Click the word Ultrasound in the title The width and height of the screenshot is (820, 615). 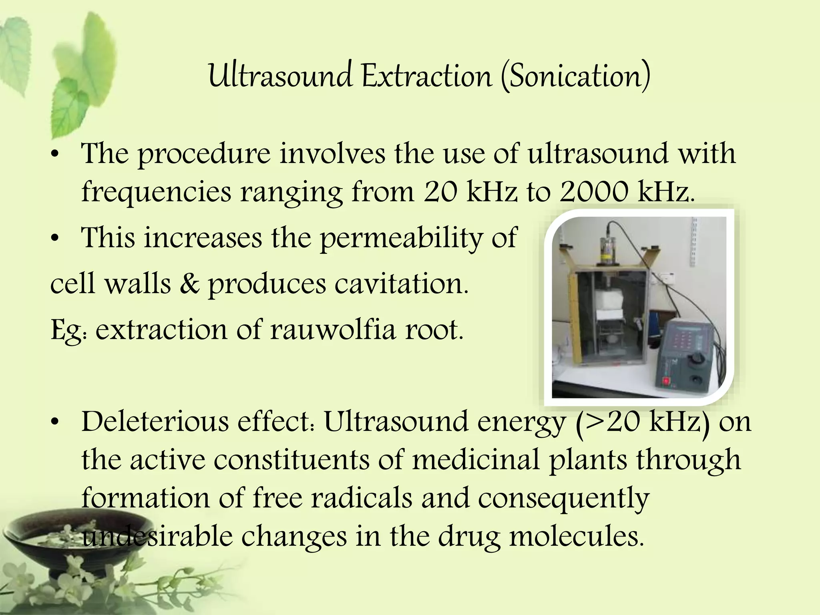280,76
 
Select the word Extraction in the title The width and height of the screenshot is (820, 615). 427,76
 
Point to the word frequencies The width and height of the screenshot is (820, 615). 156,192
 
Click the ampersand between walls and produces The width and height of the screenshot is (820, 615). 189,283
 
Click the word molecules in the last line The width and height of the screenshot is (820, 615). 577,537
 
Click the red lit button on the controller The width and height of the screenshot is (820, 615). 667,380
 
